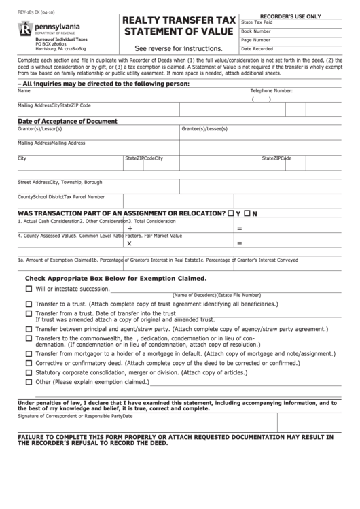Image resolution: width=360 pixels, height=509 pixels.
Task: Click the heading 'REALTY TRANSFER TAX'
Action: tap(179, 21)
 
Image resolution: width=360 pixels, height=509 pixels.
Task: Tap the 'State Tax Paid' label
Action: tap(257, 22)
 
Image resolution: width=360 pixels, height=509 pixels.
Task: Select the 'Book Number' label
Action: tap(256, 31)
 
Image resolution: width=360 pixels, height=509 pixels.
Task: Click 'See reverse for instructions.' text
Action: tap(179, 49)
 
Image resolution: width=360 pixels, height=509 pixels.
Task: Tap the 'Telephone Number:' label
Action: tap(271, 90)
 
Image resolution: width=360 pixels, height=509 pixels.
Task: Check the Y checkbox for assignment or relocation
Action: tap(232, 213)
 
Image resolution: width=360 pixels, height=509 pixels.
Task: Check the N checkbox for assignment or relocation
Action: tap(249, 213)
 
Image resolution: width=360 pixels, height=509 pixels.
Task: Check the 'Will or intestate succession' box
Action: tap(29, 288)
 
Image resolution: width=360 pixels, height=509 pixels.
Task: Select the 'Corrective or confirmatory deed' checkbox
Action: tap(29, 363)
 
